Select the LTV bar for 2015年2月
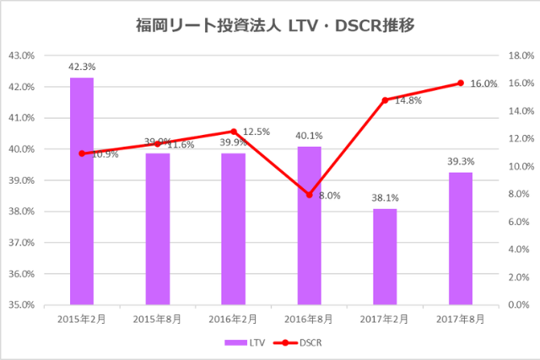82,191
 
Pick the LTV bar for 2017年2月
385,256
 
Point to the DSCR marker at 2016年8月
310,195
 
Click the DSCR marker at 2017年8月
461,83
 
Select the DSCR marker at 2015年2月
82,153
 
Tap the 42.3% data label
82,64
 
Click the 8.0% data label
330,196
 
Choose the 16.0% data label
483,84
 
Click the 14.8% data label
408,100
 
